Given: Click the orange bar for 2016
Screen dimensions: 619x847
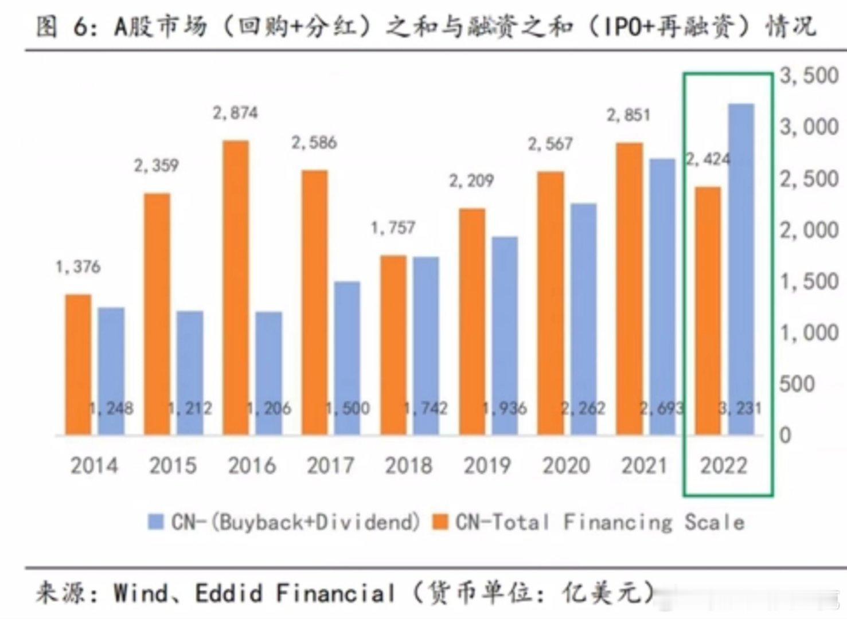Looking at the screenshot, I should pos(236,287).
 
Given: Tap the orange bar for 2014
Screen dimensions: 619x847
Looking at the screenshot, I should pos(78,364).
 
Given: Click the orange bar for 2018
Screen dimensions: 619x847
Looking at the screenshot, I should pos(393,344).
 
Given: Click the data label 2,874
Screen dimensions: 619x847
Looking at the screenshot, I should pos(235,113).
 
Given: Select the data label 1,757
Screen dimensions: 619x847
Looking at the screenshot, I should pos(393,228).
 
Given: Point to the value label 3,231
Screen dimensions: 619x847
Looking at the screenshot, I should pos(740,408).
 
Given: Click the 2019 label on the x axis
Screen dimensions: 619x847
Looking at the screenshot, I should pos(487,465).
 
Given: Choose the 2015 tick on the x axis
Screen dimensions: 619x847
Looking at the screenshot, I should pos(173,465).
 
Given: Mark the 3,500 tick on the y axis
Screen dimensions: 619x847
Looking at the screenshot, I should pos(809,76).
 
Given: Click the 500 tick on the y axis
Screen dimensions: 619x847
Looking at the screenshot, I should pos(797,384).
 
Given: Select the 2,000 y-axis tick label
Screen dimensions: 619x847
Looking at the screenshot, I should pos(809,230).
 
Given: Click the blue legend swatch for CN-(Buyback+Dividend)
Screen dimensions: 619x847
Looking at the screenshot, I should pos(155,522).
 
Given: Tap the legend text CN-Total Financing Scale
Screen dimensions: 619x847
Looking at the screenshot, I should pos(599,522).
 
